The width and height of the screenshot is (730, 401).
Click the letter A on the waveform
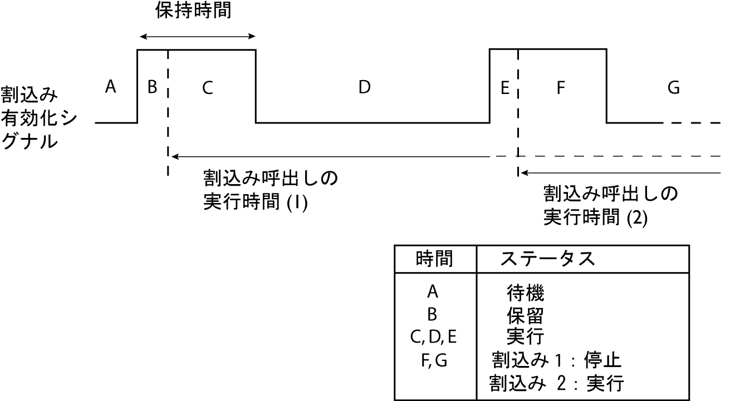pyautogui.click(x=110, y=87)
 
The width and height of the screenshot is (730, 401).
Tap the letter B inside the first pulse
pyautogui.click(x=151, y=87)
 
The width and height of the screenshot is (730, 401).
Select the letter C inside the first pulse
pyautogui.click(x=207, y=88)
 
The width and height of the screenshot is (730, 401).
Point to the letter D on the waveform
pyautogui.click(x=365, y=87)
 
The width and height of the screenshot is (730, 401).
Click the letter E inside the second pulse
pyautogui.click(x=505, y=88)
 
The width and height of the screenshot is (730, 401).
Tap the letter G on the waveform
pyautogui.click(x=673, y=88)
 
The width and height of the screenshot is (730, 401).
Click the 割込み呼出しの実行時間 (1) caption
pyautogui.click(x=271, y=190)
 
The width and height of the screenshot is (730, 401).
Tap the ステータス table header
pyautogui.click(x=547, y=259)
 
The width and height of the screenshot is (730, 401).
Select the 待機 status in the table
pyautogui.click(x=525, y=291)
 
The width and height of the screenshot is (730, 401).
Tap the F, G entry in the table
pyautogui.click(x=434, y=361)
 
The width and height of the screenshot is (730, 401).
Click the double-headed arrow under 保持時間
pyautogui.click(x=197, y=37)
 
